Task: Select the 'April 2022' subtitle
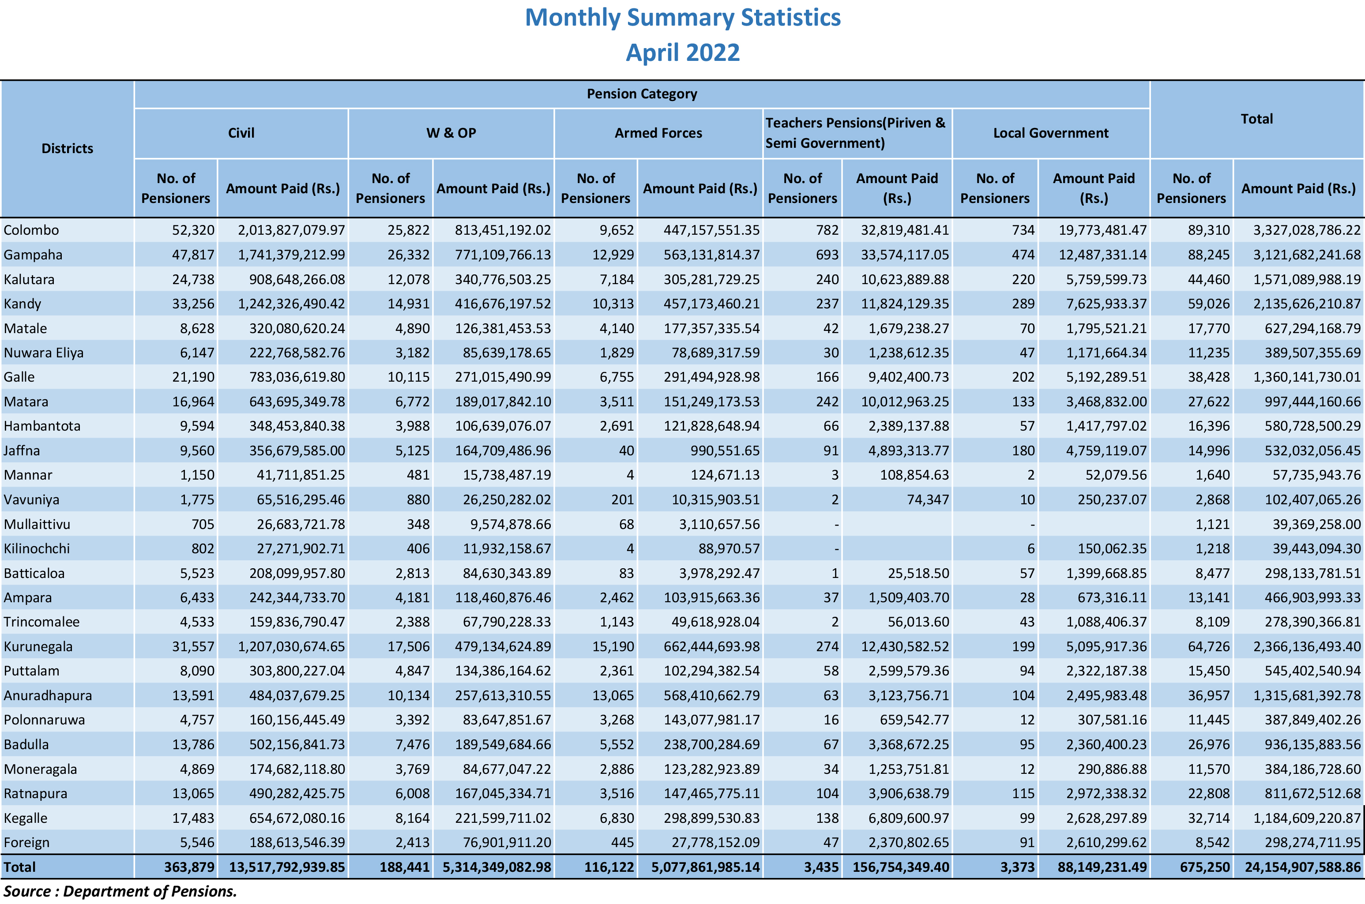tap(683, 53)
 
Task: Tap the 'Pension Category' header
tap(642, 94)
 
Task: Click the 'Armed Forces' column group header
tap(658, 133)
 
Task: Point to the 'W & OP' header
tap(451, 133)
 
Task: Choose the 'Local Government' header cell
tap(1051, 133)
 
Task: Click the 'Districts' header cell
tap(68, 149)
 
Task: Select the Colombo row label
tap(31, 230)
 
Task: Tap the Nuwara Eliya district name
tap(44, 353)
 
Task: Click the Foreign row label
tap(26, 843)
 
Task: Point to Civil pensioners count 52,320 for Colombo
tap(193, 230)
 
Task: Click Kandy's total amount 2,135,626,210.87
tap(1307, 304)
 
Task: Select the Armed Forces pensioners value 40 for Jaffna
tap(626, 451)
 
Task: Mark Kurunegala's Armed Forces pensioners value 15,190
tap(613, 647)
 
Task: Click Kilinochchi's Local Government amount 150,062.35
tap(1113, 549)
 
